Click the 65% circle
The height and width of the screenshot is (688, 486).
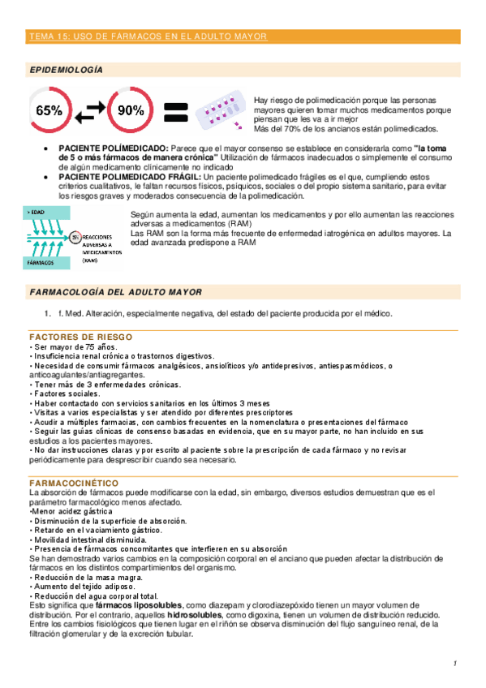pyautogui.click(x=49, y=110)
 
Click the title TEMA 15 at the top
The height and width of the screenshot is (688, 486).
pyautogui.click(x=146, y=37)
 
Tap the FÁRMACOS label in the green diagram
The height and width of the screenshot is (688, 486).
pyautogui.click(x=38, y=263)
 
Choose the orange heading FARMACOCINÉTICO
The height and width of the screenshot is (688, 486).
pyautogui.click(x=74, y=483)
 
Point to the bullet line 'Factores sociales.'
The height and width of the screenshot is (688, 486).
pyautogui.click(x=64, y=392)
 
